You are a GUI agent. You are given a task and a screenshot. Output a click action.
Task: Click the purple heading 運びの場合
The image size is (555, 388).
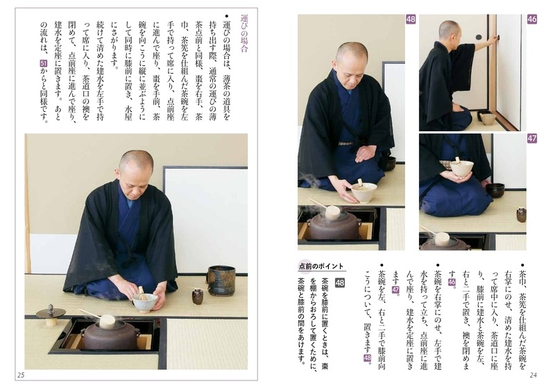pos(244,33)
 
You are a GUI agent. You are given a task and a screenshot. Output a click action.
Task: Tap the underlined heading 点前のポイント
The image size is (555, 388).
pos(321,267)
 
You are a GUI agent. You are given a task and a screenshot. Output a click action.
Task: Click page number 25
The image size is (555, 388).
pos(21,376)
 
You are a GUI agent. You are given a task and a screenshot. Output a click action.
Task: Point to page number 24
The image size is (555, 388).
pos(533,376)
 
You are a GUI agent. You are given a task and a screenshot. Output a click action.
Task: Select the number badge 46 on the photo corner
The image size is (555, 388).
pos(532,19)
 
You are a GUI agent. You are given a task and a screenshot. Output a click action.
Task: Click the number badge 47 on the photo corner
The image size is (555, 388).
pos(532,138)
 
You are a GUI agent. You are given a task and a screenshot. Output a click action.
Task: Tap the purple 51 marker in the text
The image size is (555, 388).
pos(44,63)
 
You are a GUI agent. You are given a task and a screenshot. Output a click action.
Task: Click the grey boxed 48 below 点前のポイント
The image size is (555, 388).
pos(340,282)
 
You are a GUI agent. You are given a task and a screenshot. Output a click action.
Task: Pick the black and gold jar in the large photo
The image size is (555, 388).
pos(221,280)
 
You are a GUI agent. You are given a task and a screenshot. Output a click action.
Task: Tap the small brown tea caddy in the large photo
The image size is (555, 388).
pos(198,296)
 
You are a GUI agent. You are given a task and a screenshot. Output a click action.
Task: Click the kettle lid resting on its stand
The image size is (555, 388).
pos(51,314)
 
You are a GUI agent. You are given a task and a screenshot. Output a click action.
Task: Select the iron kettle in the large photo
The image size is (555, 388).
pos(110,335)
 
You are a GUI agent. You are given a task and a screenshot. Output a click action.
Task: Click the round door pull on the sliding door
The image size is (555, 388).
pos(479,37)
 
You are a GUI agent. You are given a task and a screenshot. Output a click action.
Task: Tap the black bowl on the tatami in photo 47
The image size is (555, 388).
pos(495,190)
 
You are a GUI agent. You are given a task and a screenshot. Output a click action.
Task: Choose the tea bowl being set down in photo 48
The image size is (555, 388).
pos(364,192)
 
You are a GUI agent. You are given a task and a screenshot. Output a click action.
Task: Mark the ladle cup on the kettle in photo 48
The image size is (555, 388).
pos(332,213)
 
